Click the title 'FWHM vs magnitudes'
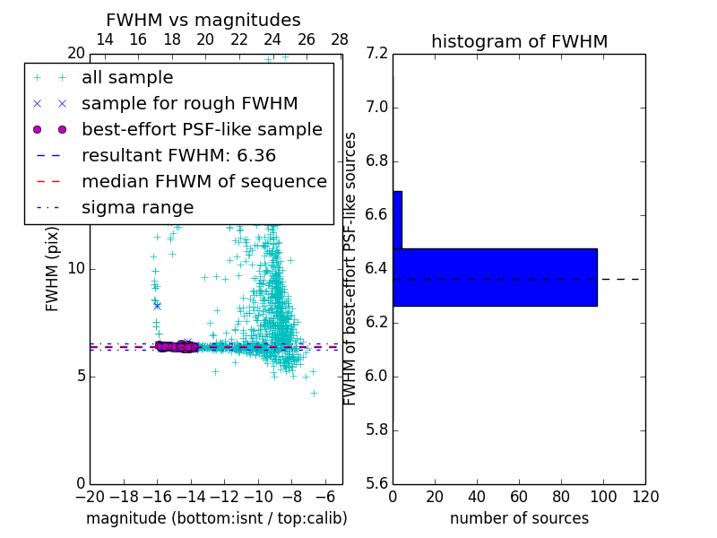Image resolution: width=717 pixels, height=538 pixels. (x=203, y=21)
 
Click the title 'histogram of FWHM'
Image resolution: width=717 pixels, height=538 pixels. (x=519, y=41)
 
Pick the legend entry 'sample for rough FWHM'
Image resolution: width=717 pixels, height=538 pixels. (x=189, y=104)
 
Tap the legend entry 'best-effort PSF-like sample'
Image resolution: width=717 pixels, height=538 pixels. (x=202, y=130)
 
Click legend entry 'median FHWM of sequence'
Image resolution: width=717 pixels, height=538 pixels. (x=203, y=182)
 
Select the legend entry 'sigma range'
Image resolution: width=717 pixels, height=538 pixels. (x=137, y=208)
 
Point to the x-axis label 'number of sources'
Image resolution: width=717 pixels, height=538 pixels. (x=519, y=518)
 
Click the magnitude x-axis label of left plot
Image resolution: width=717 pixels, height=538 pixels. (x=216, y=518)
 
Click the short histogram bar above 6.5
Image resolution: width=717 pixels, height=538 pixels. (x=397, y=220)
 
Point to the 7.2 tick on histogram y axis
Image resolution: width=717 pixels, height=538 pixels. (x=377, y=54)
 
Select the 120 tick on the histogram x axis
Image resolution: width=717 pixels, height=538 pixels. (x=645, y=497)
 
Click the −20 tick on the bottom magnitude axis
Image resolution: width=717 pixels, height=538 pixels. (x=90, y=497)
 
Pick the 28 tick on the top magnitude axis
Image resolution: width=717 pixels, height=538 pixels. (x=340, y=39)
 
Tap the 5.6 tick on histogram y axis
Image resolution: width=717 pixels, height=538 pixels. (x=377, y=483)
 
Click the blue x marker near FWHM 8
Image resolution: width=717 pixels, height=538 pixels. (x=157, y=306)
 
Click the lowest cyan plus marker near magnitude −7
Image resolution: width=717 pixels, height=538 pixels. (x=314, y=393)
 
